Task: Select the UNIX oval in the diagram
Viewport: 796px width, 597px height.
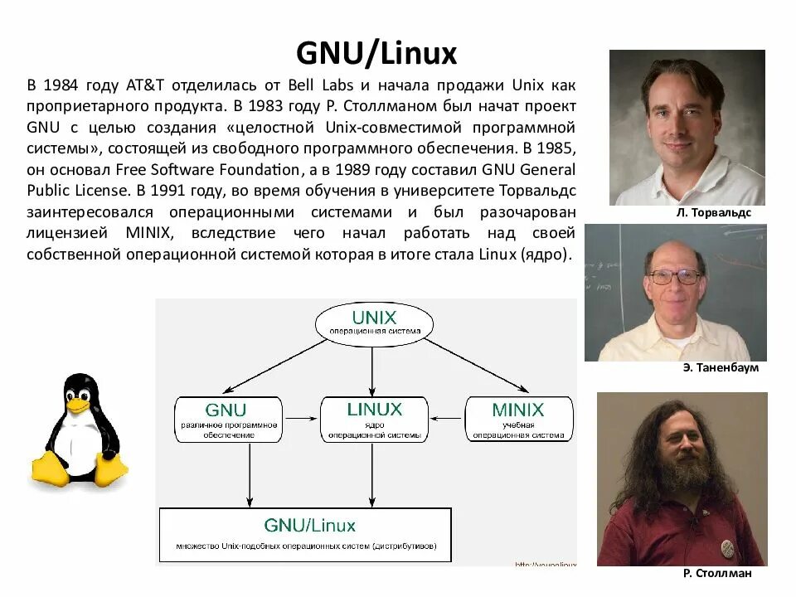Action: click(374, 322)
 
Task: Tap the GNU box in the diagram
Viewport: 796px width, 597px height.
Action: click(226, 418)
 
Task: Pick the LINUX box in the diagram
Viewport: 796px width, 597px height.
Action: click(374, 418)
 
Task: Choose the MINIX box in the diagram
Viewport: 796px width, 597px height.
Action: click(517, 418)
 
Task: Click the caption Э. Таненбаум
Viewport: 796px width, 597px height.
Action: click(721, 367)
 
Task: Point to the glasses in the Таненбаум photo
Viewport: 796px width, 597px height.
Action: click(674, 277)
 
